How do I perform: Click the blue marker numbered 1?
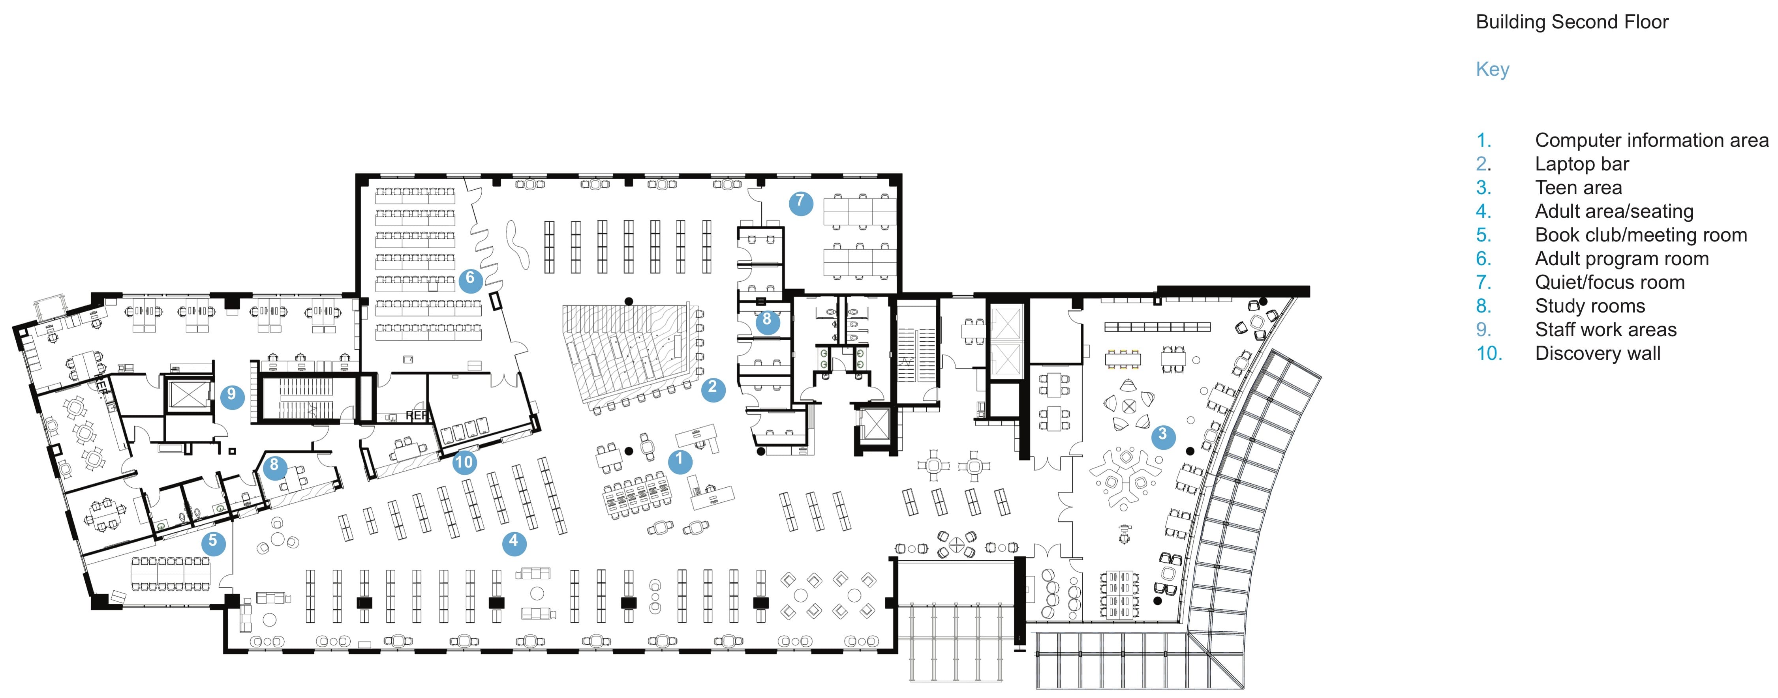(680, 461)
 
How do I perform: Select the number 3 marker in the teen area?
(1162, 436)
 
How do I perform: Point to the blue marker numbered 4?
(514, 543)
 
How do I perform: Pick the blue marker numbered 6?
(470, 281)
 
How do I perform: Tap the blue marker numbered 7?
(801, 203)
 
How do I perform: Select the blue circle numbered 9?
(232, 397)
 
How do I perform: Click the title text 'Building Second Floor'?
(1571, 22)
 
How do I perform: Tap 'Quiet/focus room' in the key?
(1609, 282)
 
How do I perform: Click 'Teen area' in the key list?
(1579, 187)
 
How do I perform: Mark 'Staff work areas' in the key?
(1605, 330)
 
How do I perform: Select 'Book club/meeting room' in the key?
(1641, 235)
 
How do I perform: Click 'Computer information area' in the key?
(1652, 140)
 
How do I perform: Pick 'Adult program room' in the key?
(1621, 259)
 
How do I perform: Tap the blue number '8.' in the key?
(1483, 306)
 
